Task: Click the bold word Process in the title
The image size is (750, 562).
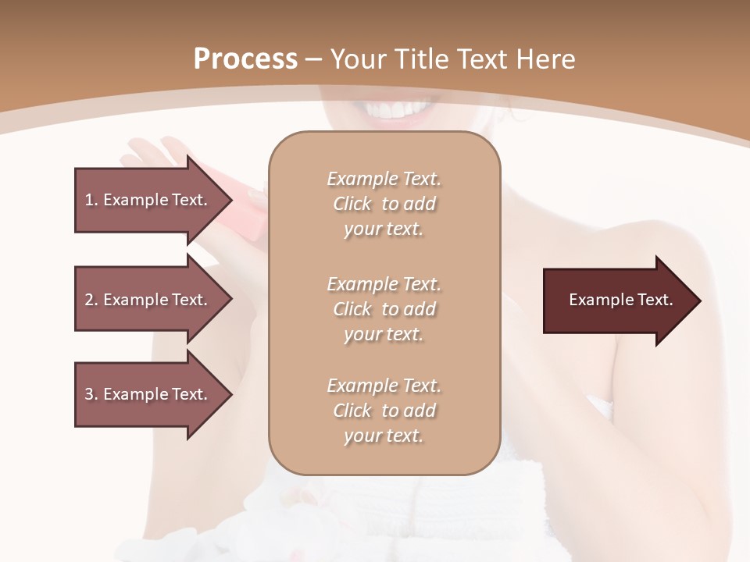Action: coord(245,59)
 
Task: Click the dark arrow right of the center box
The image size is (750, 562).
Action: coord(617,301)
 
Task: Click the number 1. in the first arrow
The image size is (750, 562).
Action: coord(91,200)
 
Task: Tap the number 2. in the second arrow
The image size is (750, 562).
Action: coord(91,300)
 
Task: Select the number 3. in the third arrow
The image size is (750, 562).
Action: coord(91,394)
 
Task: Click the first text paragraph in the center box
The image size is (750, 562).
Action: coord(384,204)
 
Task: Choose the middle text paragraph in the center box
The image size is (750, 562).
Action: coord(384,309)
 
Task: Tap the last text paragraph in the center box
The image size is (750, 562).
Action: coord(384,411)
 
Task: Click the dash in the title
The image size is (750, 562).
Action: coord(313,59)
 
